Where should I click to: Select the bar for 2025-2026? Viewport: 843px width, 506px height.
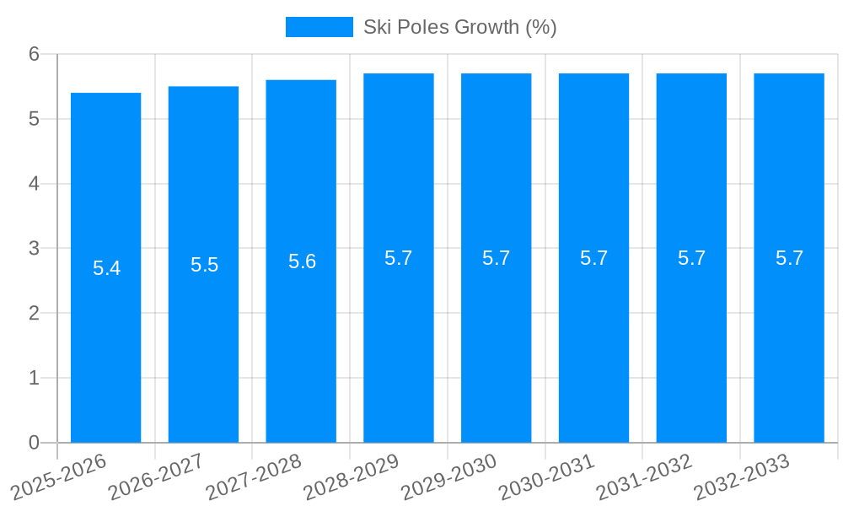(x=105, y=337)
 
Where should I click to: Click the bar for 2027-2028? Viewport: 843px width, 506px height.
(x=301, y=337)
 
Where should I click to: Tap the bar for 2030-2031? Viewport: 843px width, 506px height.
(x=593, y=337)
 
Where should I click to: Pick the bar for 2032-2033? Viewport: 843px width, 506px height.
(x=789, y=337)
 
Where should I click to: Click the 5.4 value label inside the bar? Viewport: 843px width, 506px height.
(x=106, y=268)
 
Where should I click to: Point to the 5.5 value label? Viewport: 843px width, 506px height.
(x=204, y=265)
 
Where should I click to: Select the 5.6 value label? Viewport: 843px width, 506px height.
(x=302, y=261)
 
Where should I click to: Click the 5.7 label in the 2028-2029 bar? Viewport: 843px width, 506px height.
(x=398, y=258)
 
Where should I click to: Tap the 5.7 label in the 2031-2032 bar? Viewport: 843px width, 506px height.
(x=691, y=258)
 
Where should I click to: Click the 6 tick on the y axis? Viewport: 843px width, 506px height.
(x=34, y=54)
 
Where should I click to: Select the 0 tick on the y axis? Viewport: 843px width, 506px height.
(x=34, y=443)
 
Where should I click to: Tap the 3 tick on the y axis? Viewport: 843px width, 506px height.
(x=34, y=249)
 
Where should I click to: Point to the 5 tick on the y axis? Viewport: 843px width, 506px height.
(x=34, y=119)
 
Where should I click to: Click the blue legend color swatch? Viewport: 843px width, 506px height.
(x=319, y=27)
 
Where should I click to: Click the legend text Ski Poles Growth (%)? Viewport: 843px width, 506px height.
(x=459, y=27)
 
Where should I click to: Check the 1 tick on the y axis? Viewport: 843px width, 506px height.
(x=34, y=378)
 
